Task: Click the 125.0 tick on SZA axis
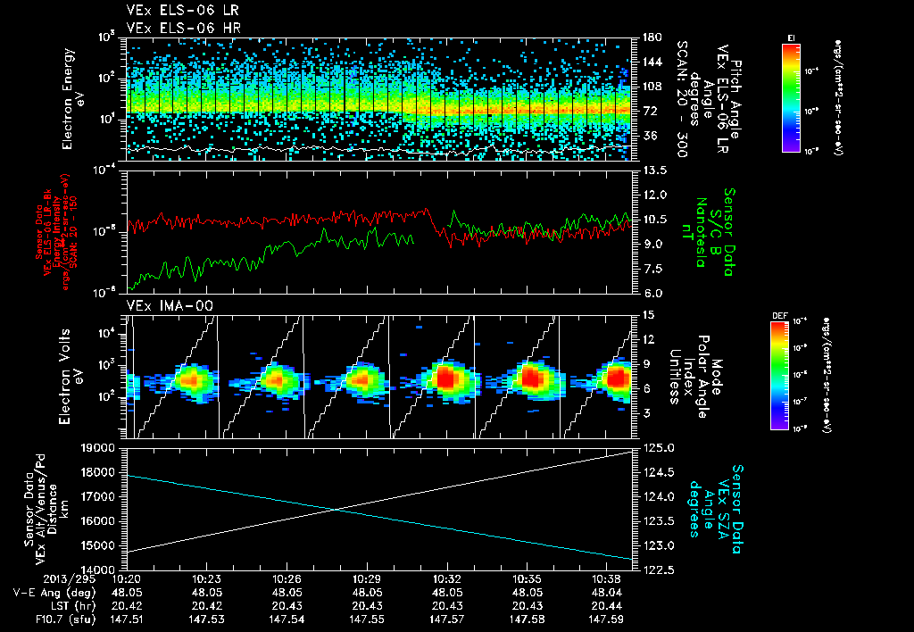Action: pos(656,448)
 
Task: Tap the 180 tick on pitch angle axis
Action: pos(650,38)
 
